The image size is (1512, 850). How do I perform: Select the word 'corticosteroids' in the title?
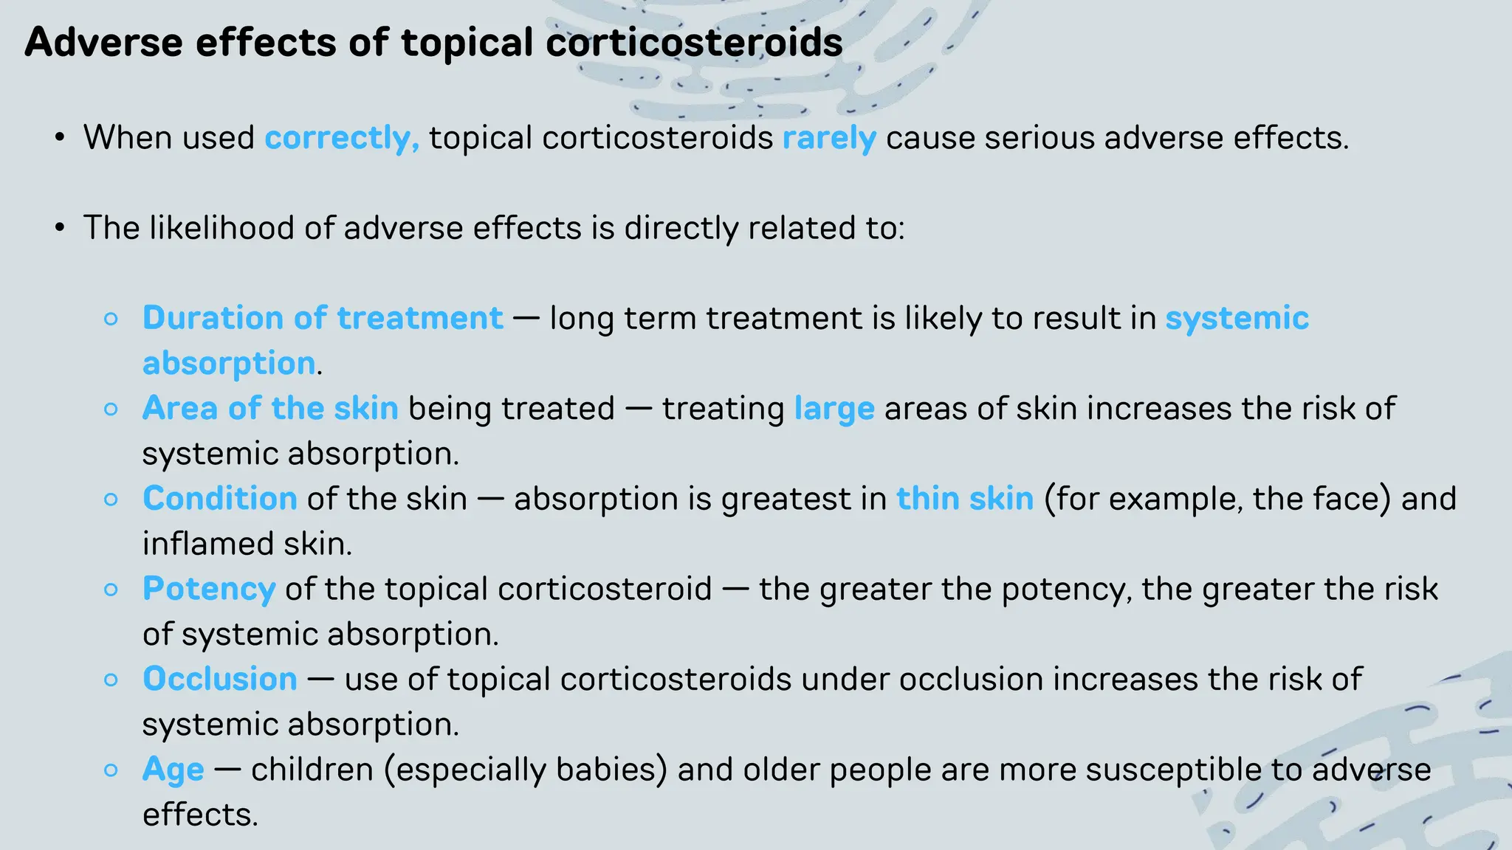tap(694, 42)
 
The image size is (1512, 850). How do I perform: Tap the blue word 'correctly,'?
tap(342, 138)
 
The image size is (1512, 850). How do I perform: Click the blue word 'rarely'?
tap(829, 138)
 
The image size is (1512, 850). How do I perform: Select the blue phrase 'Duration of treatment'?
tap(323, 318)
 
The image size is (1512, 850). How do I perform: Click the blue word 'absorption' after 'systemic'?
tap(229, 363)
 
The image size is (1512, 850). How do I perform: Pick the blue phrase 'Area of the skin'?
tap(270, 408)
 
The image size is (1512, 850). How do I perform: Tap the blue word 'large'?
tap(834, 409)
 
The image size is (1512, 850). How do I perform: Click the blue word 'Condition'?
tap(219, 498)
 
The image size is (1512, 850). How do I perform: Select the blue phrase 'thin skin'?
tap(964, 498)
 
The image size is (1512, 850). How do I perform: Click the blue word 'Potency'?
tap(209, 589)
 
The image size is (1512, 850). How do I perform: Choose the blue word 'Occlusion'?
tap(219, 679)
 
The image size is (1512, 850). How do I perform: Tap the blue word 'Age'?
tap(173, 770)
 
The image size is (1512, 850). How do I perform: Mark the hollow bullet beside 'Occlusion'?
tap(111, 680)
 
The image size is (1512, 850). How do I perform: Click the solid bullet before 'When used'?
tap(60, 138)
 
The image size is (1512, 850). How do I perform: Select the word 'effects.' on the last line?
tap(200, 815)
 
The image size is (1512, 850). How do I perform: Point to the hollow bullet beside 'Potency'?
tap(111, 590)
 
